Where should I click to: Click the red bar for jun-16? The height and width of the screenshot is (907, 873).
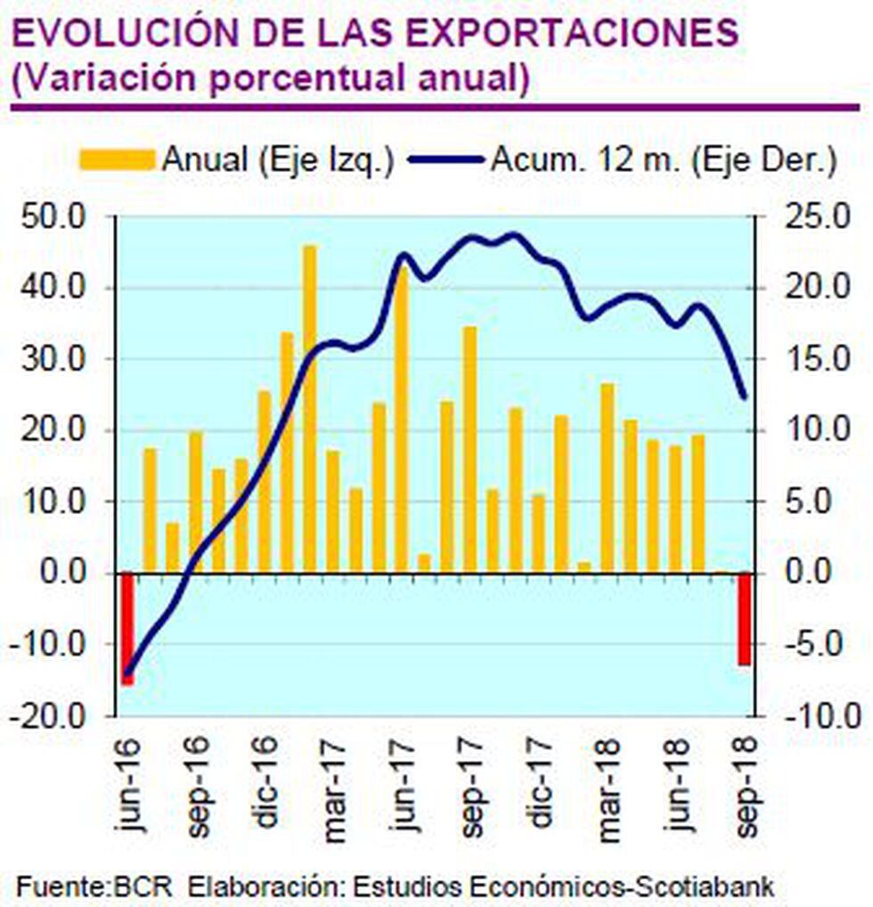point(127,628)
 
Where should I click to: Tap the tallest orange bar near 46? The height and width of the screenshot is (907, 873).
point(310,409)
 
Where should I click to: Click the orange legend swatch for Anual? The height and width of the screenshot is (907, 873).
point(117,159)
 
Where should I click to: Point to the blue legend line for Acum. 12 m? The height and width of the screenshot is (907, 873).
point(445,159)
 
